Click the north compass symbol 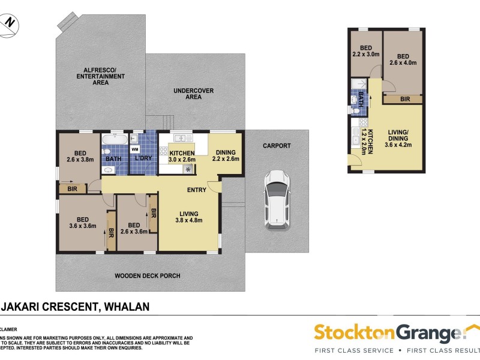(10, 23)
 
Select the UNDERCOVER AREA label (193, 94)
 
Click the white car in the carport (277, 199)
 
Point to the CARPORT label (277, 146)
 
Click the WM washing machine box (135, 148)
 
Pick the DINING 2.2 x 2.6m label (226, 155)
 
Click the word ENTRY (197, 190)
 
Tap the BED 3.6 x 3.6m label (82, 222)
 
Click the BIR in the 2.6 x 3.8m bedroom (73, 188)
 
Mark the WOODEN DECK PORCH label (147, 276)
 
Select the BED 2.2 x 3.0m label (366, 53)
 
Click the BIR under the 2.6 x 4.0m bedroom (404, 99)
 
